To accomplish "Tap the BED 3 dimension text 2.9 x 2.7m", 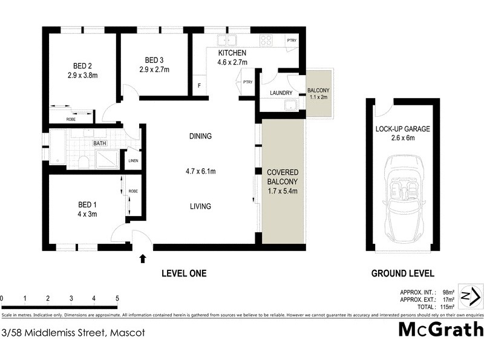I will point(154,70).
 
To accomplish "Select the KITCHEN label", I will point(232,53).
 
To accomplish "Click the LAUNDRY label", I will point(281,93).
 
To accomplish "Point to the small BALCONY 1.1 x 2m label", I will point(318,93).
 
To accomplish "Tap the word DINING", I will point(200,136).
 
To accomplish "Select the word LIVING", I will point(200,206).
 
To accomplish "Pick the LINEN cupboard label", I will point(133,161).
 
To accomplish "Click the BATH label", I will point(99,144).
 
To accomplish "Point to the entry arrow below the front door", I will point(143,259).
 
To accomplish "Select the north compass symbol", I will point(470,296).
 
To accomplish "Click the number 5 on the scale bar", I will point(117,298).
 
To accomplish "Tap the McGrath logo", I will point(440,330).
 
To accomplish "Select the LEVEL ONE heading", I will point(184,273).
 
